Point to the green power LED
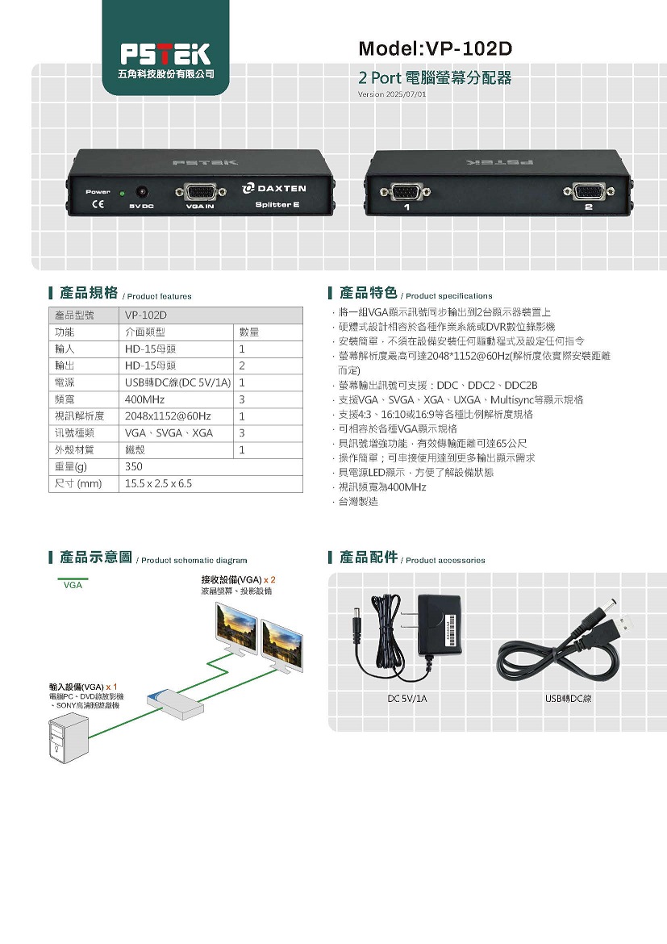point(123,194)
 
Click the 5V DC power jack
point(142,192)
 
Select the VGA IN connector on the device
point(201,192)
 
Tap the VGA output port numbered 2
point(589,192)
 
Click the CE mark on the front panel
point(97,204)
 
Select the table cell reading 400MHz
point(144,399)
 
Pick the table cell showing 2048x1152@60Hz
point(168,416)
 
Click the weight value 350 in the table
point(134,466)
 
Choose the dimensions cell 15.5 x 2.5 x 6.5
point(158,483)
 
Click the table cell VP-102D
point(146,315)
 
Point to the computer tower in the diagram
point(68,737)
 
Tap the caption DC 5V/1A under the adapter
point(407,699)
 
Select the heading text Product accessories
point(445,561)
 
